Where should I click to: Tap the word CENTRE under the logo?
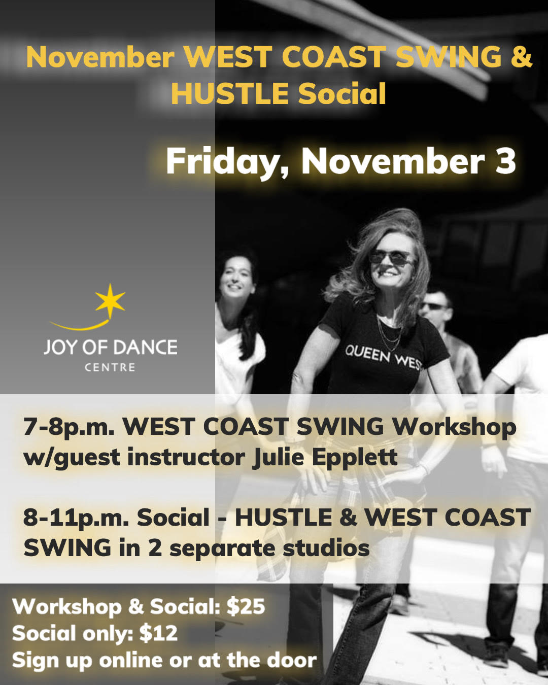(110, 367)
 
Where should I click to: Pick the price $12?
(158, 633)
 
